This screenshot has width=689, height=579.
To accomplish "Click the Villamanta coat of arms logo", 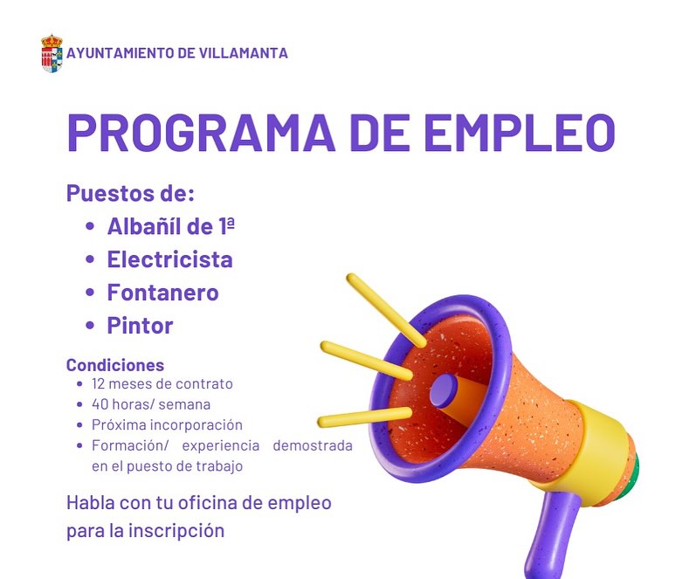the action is click(52, 53).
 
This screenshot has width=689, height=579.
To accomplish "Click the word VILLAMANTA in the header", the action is click(244, 53).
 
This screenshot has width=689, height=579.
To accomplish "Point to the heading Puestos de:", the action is click(130, 193).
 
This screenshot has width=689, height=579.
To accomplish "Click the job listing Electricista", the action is click(170, 259).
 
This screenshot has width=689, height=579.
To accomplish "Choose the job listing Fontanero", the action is click(163, 293).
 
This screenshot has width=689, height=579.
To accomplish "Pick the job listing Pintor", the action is click(141, 326).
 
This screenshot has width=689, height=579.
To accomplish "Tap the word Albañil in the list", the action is click(144, 226).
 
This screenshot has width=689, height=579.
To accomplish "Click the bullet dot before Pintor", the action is click(90, 326).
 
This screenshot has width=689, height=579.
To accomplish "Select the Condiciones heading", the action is click(115, 365).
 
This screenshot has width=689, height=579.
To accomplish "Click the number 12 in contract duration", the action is click(98, 384).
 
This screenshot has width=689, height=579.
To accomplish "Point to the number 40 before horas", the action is click(100, 404).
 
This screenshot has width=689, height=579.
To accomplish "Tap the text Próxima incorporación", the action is click(167, 424).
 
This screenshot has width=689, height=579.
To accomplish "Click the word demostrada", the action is click(313, 445).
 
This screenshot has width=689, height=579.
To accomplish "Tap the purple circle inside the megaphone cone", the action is click(444, 390).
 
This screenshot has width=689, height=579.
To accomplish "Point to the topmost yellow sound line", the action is click(386, 310).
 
